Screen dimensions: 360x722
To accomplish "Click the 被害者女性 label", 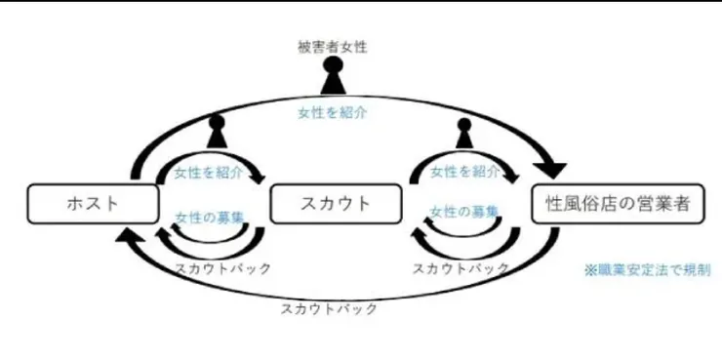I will coord(333,46).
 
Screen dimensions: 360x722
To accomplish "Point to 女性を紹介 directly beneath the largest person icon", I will coord(333,113).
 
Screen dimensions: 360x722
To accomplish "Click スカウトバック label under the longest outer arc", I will coord(328,308).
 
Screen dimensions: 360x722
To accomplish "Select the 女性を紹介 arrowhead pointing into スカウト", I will coord(260,177).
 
